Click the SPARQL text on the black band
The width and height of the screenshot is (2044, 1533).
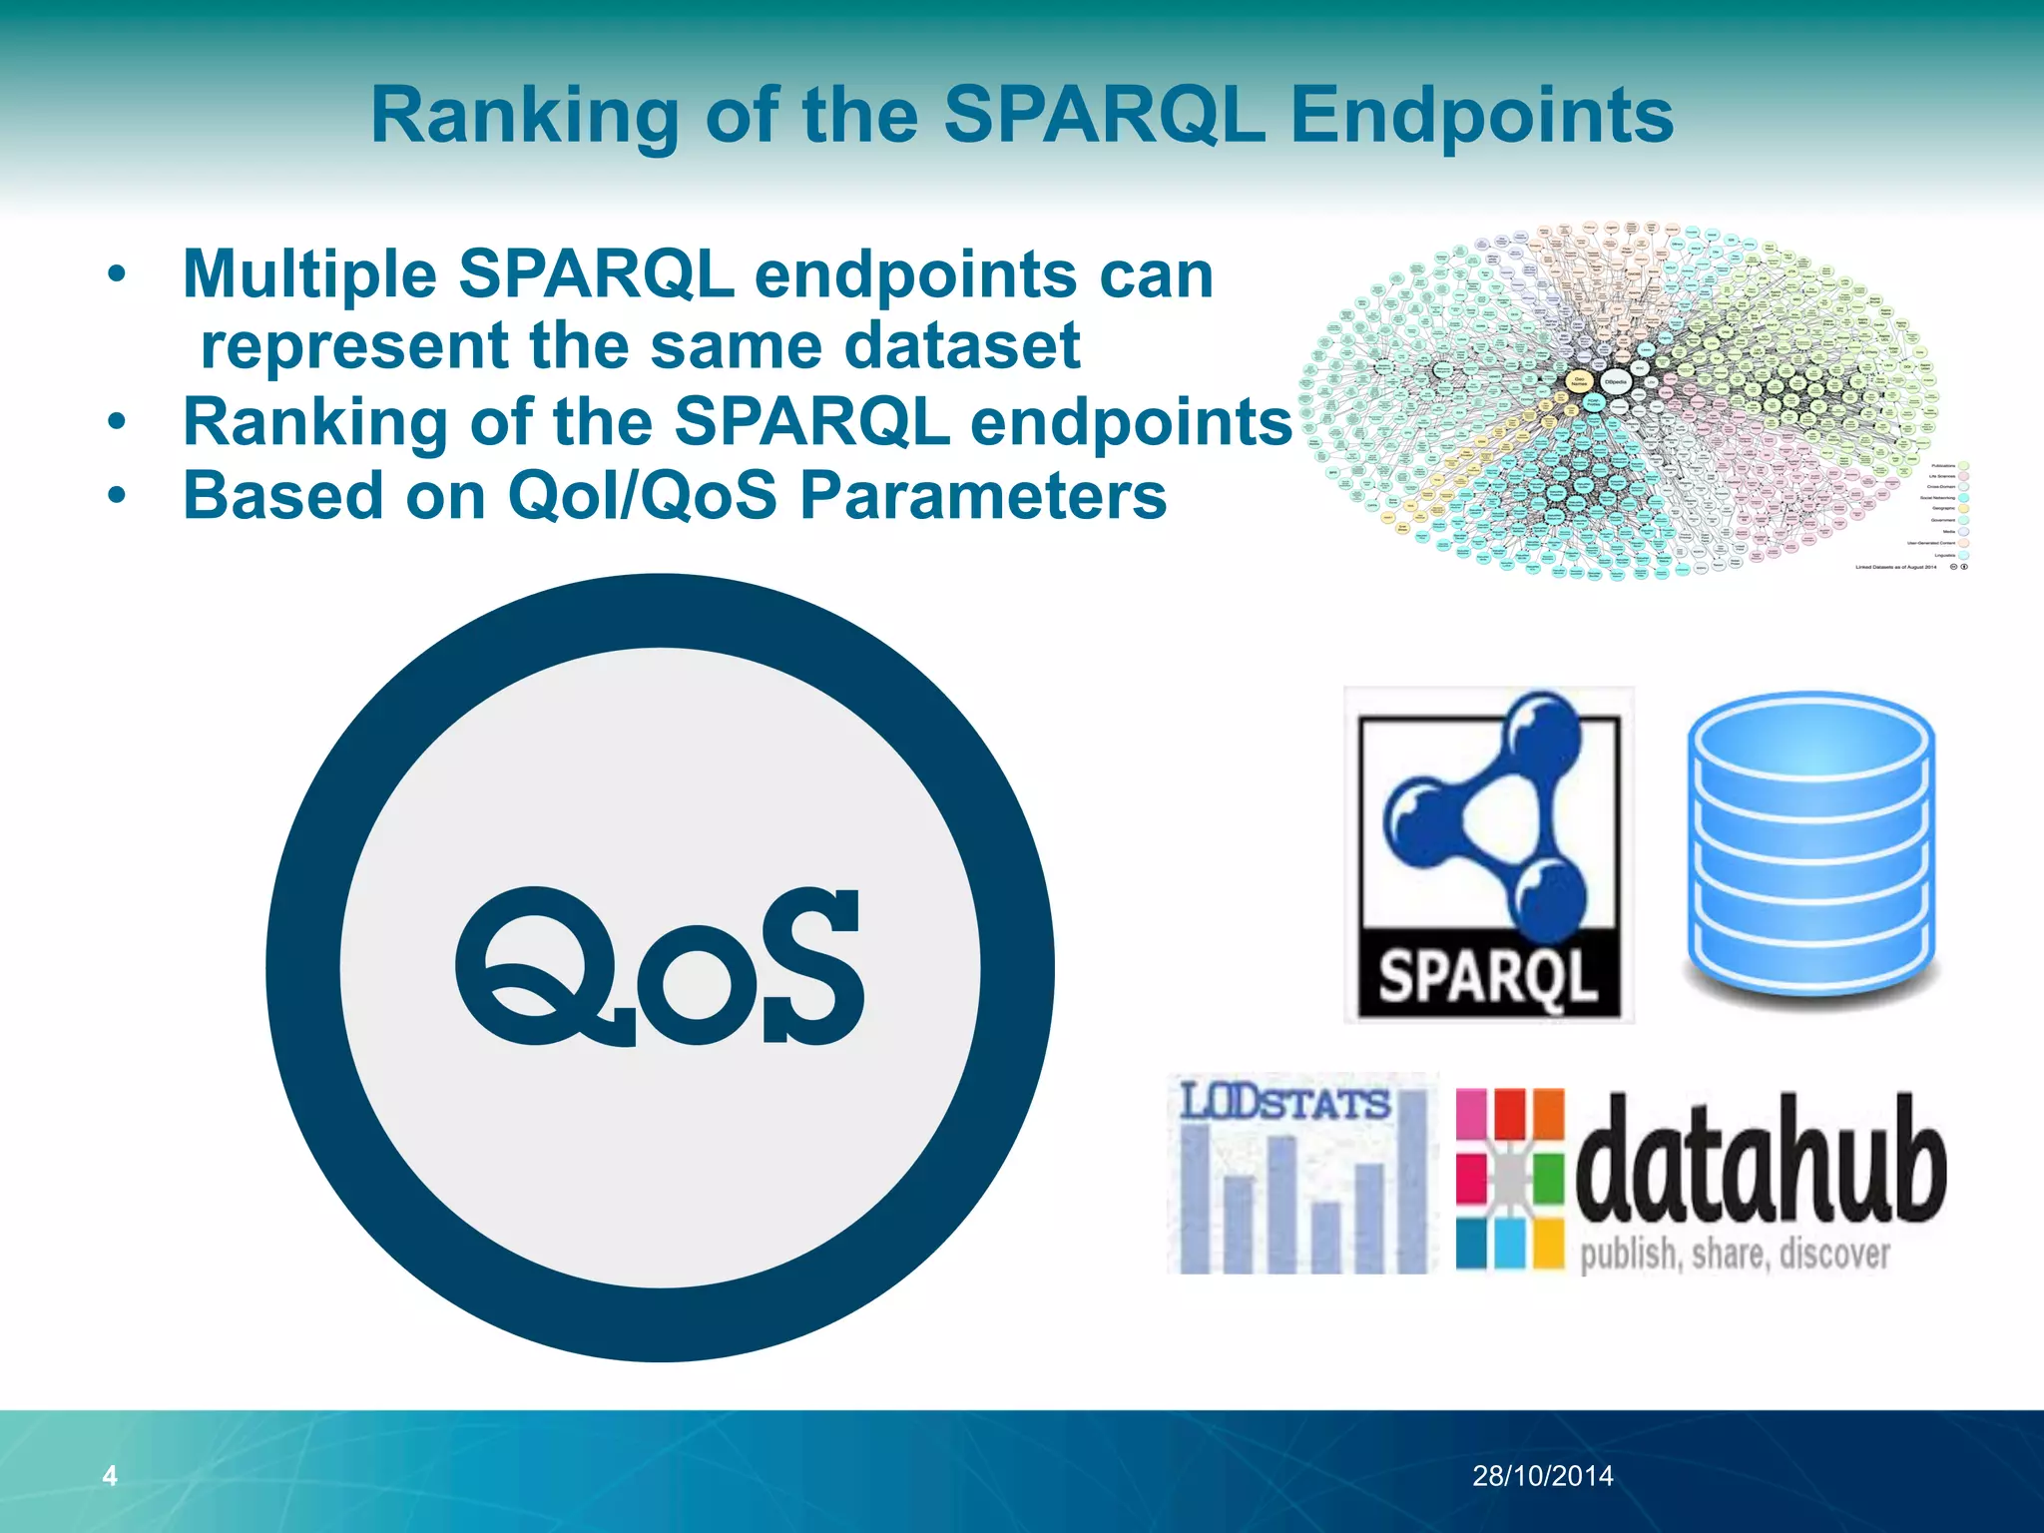click(x=1487, y=975)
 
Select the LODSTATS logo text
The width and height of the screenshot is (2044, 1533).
click(x=1285, y=1104)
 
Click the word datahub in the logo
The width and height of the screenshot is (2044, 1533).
click(x=1760, y=1163)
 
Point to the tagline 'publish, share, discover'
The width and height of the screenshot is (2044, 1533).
click(x=1735, y=1255)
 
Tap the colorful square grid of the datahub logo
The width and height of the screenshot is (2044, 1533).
click(x=1509, y=1178)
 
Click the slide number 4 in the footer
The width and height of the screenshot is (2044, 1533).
click(x=110, y=1475)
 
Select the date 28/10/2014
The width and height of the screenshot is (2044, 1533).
click(x=1542, y=1476)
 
